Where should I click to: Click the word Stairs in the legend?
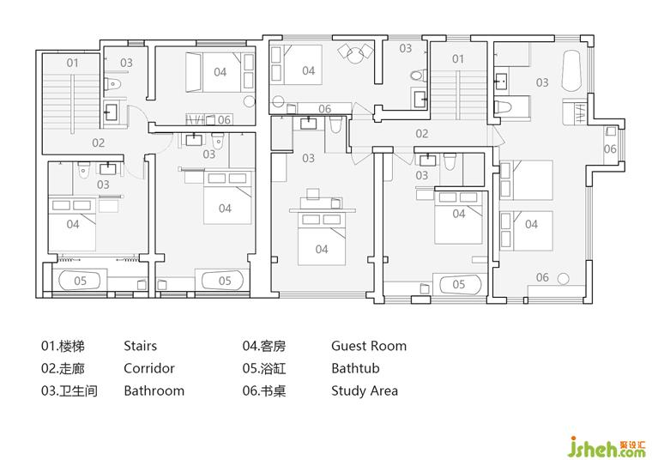click(x=140, y=346)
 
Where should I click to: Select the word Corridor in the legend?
click(x=149, y=368)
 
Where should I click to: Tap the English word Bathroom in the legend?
click(x=154, y=391)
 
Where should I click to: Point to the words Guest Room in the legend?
click(x=369, y=346)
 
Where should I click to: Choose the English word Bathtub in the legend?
click(x=355, y=368)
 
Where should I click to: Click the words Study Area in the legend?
click(x=365, y=391)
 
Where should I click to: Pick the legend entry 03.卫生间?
click(x=69, y=391)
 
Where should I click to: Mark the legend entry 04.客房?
click(x=264, y=346)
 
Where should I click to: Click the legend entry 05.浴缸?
click(x=264, y=368)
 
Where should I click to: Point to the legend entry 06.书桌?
click(x=264, y=391)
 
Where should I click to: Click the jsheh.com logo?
click(x=607, y=447)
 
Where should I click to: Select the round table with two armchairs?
click(x=354, y=54)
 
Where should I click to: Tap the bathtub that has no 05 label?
click(x=570, y=71)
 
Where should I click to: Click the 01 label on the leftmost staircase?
click(x=72, y=63)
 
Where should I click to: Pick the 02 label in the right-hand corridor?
click(x=421, y=134)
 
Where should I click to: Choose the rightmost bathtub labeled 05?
click(x=458, y=284)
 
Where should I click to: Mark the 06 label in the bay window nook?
click(x=610, y=148)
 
